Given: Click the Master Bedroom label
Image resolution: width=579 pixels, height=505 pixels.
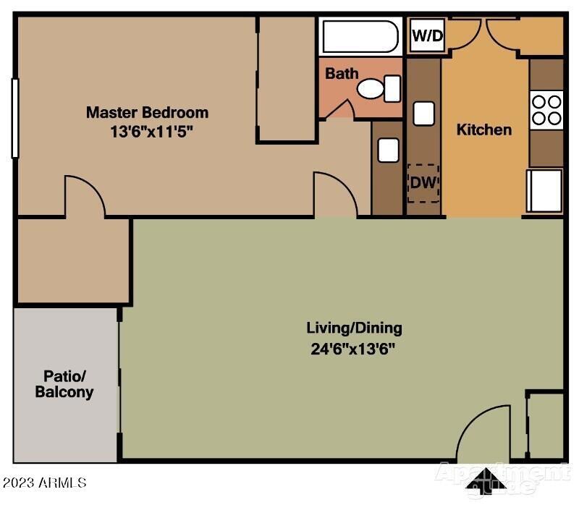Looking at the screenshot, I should click(x=147, y=112).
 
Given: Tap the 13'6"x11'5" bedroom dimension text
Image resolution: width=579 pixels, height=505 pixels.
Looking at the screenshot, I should click(x=147, y=132).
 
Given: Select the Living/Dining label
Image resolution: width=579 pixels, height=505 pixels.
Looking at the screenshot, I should click(x=354, y=328).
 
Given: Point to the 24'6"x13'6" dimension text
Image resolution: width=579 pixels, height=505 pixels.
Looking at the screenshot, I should click(x=354, y=348).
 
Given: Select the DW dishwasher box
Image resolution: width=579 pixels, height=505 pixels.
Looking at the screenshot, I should click(x=423, y=182).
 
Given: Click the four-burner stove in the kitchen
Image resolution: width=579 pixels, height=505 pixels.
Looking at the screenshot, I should click(x=546, y=110).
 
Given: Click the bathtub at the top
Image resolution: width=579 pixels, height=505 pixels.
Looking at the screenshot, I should click(x=360, y=36).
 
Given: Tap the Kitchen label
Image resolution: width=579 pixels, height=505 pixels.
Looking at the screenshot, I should click(x=484, y=130).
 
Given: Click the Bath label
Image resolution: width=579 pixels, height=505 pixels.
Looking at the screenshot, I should click(x=342, y=73).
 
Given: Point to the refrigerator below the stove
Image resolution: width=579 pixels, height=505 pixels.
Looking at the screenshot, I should click(x=545, y=190).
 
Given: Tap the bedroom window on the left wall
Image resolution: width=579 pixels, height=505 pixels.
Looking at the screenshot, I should click(x=14, y=117).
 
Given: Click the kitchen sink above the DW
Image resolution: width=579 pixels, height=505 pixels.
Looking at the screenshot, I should click(x=423, y=114).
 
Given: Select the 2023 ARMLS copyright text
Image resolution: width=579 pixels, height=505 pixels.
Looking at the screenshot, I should click(x=45, y=481).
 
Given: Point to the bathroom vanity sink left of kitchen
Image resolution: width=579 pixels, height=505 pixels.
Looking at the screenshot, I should click(x=388, y=150).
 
